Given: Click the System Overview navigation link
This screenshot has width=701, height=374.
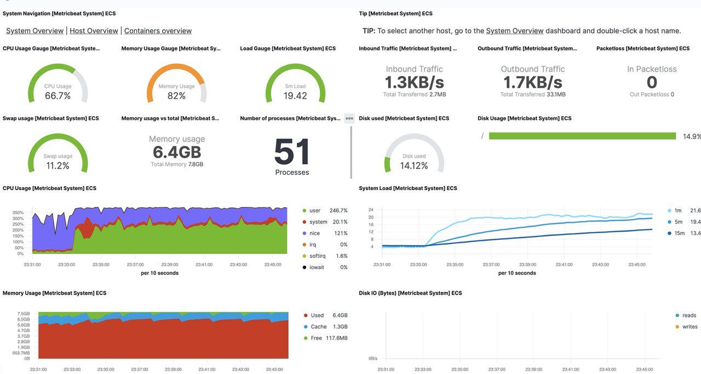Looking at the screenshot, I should [x=35, y=31].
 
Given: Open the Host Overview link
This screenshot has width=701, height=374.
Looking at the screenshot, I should [x=94, y=31].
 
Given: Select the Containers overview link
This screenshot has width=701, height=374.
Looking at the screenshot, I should [x=158, y=31].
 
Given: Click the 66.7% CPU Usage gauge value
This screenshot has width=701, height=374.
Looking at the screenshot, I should [x=58, y=96].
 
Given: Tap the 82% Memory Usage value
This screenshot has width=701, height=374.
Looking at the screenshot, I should [x=176, y=96].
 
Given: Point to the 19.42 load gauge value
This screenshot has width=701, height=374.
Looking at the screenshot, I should [x=295, y=96].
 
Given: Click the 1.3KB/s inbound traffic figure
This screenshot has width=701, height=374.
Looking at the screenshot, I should [x=414, y=82].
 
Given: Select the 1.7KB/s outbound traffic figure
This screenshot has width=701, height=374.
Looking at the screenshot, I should [x=532, y=82].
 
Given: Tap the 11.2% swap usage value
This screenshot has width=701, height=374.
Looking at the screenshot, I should [x=58, y=166].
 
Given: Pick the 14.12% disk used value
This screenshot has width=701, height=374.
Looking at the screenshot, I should [x=414, y=166].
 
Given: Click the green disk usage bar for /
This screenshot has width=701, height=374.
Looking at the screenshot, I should [x=582, y=136].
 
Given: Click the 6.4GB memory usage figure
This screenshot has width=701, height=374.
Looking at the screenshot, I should [x=177, y=152].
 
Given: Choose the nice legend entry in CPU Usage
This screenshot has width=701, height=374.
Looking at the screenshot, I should [x=315, y=233].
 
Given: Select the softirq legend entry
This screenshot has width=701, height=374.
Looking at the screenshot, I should [x=318, y=256].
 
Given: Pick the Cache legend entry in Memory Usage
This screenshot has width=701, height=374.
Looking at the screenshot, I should [x=318, y=327].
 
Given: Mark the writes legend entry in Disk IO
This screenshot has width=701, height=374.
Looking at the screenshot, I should [x=689, y=327].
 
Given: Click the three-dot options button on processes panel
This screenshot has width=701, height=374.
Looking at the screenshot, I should [x=349, y=118].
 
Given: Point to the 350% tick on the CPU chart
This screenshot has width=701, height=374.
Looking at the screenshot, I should [x=18, y=212].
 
